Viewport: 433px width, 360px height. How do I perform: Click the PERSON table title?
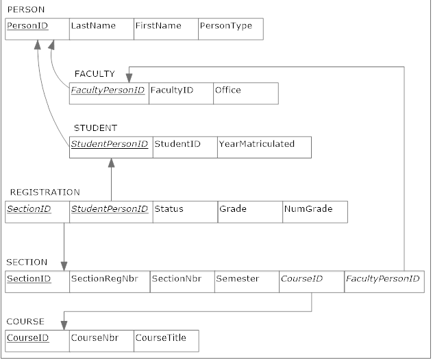25,10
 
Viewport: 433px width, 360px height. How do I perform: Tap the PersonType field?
225,26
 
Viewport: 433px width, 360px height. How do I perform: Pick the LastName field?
92,26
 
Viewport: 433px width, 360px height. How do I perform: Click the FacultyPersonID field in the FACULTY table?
108,91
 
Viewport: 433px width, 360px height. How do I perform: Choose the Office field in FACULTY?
227,91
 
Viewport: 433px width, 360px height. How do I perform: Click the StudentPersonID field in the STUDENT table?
110,144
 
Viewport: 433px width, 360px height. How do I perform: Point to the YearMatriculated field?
257,144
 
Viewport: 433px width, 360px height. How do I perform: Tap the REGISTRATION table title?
45,193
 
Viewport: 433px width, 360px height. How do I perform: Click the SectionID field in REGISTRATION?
29,209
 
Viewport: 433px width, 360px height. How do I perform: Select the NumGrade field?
308,209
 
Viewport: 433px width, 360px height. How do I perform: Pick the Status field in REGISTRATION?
169,209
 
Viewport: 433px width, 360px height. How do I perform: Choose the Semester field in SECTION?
237,279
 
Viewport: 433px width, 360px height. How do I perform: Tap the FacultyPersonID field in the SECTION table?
382,279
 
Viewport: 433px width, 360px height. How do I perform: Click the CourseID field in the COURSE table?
27,338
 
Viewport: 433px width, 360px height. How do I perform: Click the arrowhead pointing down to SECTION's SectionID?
64,266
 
